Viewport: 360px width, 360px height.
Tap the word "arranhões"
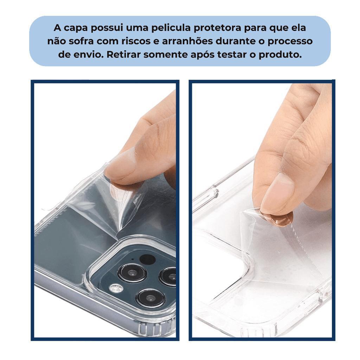tap(187, 41)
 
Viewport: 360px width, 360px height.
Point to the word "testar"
tap(232, 55)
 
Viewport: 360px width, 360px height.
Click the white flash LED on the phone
tap(116, 288)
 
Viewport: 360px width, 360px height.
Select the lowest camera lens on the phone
tap(150, 298)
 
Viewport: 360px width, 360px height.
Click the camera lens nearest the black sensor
tap(132, 273)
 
